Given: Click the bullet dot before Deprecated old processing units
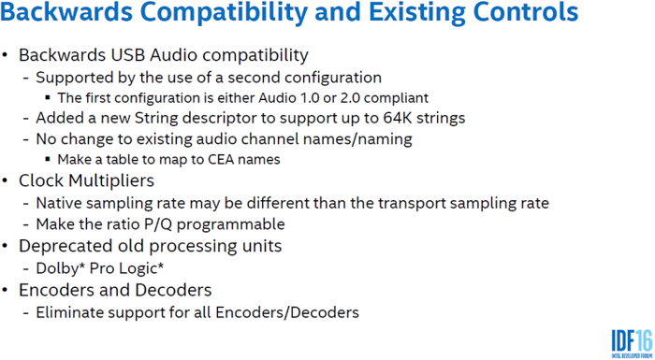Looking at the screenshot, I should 8,247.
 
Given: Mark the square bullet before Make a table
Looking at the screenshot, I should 49,159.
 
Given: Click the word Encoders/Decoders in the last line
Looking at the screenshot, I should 294,311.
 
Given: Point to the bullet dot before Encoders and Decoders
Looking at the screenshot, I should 8,290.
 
